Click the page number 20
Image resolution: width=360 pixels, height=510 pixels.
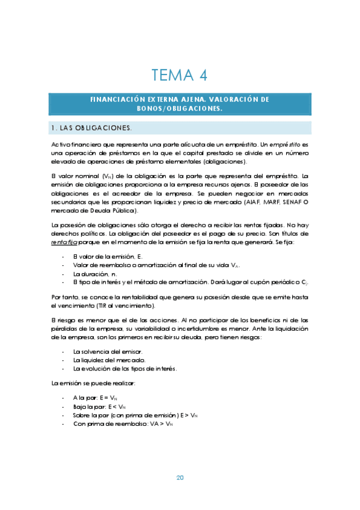point(180,478)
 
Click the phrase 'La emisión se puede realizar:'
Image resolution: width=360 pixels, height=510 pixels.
point(93,383)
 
